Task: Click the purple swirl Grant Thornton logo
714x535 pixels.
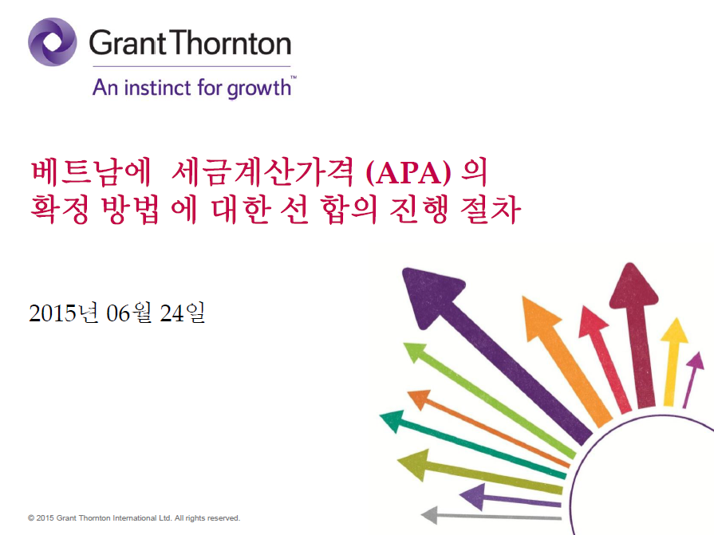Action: tap(53, 41)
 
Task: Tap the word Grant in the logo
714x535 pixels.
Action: tap(128, 43)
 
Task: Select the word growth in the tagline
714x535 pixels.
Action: tap(259, 88)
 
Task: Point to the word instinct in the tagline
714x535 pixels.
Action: tap(157, 88)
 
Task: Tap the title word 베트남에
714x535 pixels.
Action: tap(91, 172)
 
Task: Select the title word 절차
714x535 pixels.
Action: tap(491, 209)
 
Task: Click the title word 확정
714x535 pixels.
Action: tap(60, 209)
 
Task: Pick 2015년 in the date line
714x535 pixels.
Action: tap(64, 313)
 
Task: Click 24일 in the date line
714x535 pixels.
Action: tap(182, 313)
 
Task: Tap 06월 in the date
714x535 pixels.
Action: tap(129, 313)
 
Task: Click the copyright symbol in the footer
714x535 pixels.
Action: tap(31, 517)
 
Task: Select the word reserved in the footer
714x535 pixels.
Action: tap(223, 517)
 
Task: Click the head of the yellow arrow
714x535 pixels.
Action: tap(675, 330)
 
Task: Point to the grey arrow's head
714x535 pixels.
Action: tap(430, 515)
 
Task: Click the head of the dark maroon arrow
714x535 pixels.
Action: tap(633, 286)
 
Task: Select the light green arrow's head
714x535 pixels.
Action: tap(415, 352)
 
